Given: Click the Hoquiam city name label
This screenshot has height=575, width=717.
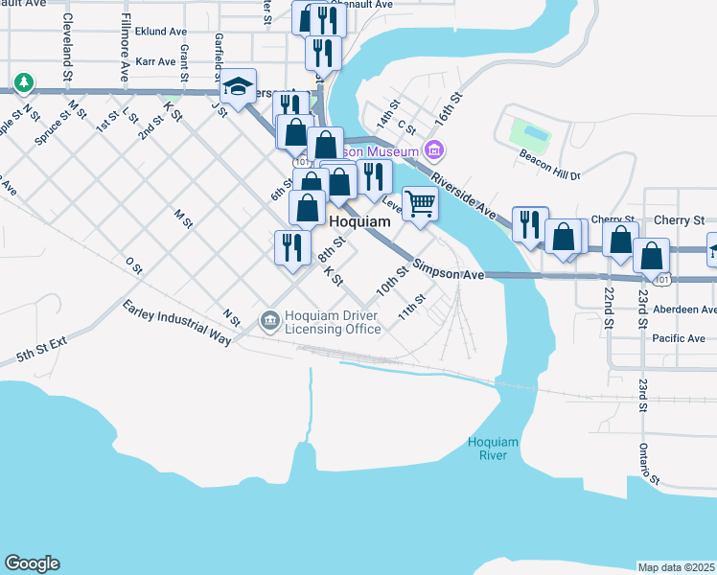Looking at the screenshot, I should click(x=360, y=221).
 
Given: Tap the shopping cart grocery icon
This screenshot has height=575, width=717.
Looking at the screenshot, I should click(x=420, y=203).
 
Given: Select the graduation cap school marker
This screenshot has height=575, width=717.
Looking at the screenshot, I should click(x=238, y=87).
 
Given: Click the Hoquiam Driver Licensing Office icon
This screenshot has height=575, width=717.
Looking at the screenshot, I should click(x=269, y=319).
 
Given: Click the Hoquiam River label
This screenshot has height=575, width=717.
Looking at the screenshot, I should click(x=493, y=448).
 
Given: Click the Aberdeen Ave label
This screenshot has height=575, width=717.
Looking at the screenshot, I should click(x=682, y=310).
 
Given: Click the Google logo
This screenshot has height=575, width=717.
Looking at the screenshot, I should click(x=32, y=563).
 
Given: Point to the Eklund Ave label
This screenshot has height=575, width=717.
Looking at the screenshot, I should click(x=160, y=31).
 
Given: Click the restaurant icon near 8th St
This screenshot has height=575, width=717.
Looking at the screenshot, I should click(x=290, y=246).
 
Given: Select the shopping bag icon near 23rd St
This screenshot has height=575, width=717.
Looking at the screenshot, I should click(x=652, y=256).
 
